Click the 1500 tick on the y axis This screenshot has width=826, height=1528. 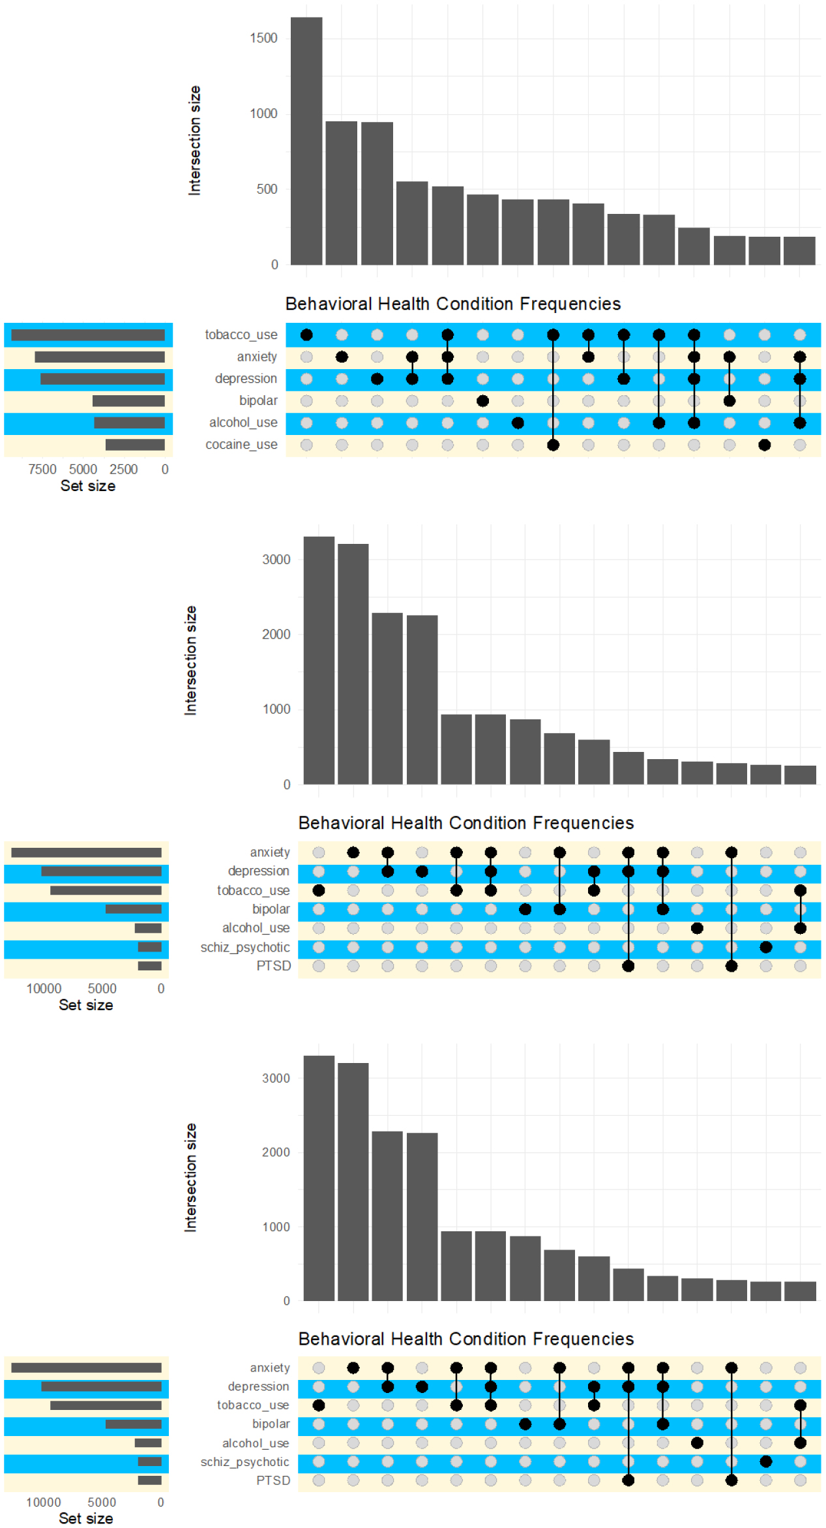pyautogui.click(x=263, y=38)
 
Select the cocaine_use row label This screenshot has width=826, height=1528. pyautogui.click(x=241, y=445)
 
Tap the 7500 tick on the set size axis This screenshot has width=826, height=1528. pyautogui.click(x=42, y=470)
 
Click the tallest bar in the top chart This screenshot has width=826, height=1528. pyautogui.click(x=306, y=141)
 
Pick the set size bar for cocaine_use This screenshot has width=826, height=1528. pyautogui.click(x=135, y=445)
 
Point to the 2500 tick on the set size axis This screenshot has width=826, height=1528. pyautogui.click(x=123, y=470)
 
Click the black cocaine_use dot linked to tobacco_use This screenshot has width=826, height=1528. pyautogui.click(x=553, y=445)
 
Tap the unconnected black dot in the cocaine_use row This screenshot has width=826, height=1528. pyautogui.click(x=764, y=445)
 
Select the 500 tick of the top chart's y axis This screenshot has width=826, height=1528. pyautogui.click(x=267, y=189)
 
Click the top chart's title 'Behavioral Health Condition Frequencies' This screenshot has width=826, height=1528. pyautogui.click(x=452, y=304)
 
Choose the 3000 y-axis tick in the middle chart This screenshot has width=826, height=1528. pyautogui.click(x=276, y=560)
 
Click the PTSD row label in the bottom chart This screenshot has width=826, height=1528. pyautogui.click(x=273, y=1480)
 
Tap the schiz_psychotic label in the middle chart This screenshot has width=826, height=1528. pyautogui.click(x=245, y=947)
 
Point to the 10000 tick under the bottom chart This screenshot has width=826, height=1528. pyautogui.click(x=43, y=1503)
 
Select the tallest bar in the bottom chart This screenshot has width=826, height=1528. pyautogui.click(x=319, y=1178)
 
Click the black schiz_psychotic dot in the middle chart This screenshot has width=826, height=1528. pyautogui.click(x=766, y=947)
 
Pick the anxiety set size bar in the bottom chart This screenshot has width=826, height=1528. pyautogui.click(x=86, y=1368)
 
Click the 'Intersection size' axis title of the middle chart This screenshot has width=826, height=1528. pyautogui.click(x=190, y=660)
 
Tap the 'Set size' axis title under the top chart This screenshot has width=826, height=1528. pyautogui.click(x=88, y=486)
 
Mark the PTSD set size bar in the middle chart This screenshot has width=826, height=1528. pyautogui.click(x=149, y=966)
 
